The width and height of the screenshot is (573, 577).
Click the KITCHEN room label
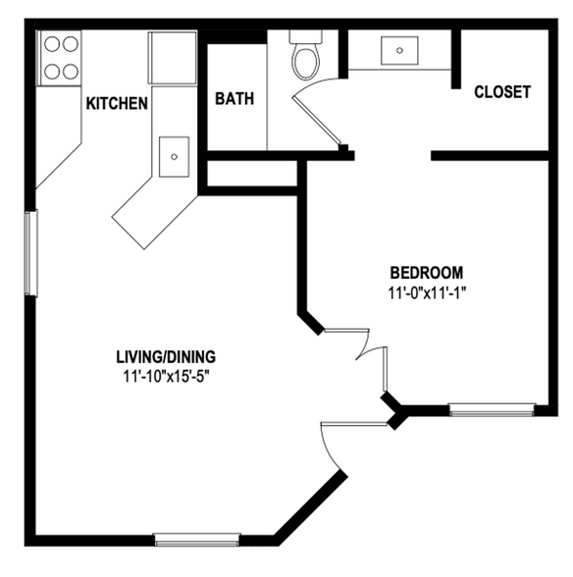pos(117,102)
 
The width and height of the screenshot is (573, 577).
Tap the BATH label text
pos(234,98)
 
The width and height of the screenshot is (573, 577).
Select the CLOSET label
pos(501,92)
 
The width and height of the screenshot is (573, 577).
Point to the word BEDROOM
pos(426,272)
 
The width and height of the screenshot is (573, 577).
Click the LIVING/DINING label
pos(166,356)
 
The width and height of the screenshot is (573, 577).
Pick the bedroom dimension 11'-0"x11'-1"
pos(426,291)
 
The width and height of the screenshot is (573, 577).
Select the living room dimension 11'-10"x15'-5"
pos(166,375)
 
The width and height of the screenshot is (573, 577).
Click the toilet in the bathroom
pos(306,57)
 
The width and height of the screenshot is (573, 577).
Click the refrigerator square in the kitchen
pos(173,57)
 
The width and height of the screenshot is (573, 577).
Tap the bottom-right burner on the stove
pos(69,71)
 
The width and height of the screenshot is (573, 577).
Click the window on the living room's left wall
pos(30,252)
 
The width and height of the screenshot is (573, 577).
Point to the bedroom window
pos(492,408)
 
